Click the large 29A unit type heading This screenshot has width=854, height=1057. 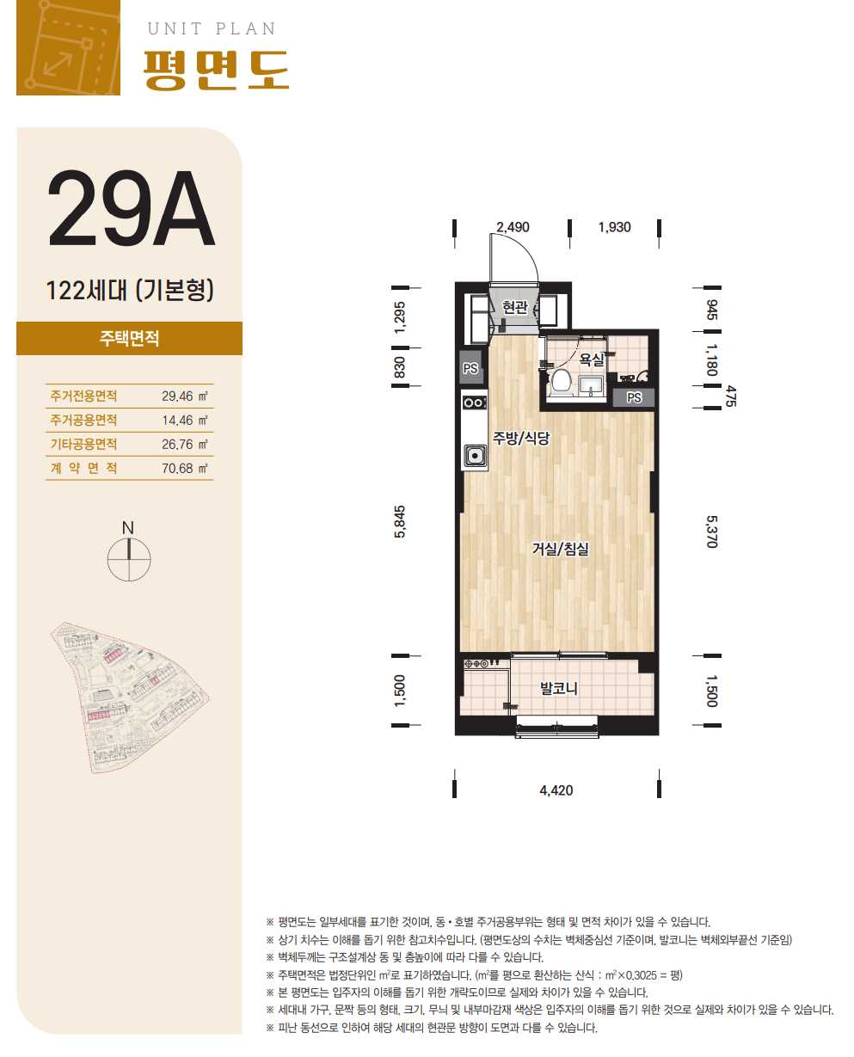click(x=131, y=208)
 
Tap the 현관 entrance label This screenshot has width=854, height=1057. click(x=514, y=307)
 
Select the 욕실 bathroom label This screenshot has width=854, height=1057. click(x=592, y=360)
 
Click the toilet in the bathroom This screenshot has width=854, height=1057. click(x=561, y=382)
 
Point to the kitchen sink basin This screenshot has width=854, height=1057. click(x=475, y=455)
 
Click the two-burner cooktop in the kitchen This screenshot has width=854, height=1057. click(x=475, y=403)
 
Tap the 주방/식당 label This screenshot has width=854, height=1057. click(x=521, y=438)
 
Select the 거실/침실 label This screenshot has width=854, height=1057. click(x=560, y=549)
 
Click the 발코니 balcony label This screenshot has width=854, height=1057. click(x=559, y=688)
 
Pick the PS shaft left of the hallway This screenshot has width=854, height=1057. click(x=470, y=368)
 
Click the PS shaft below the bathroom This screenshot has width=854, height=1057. click(x=633, y=397)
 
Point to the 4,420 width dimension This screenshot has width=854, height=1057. click(x=556, y=790)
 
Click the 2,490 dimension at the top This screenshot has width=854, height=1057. click(x=513, y=227)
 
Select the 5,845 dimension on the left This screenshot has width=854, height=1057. click(x=399, y=521)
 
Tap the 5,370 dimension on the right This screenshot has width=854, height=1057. click(x=711, y=532)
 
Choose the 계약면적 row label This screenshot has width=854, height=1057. click(x=83, y=468)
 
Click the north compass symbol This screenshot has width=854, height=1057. click(x=128, y=552)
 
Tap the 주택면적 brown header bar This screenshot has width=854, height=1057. click(x=129, y=339)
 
